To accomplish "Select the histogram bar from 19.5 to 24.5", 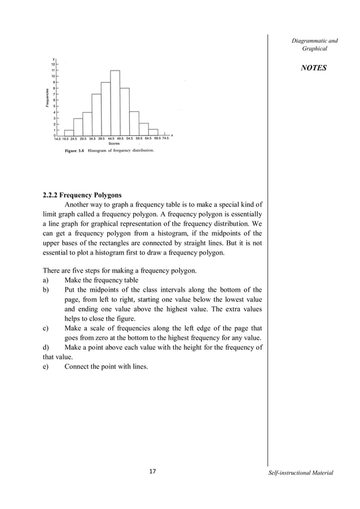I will click(69, 133).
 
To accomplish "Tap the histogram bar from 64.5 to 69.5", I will click(153, 133).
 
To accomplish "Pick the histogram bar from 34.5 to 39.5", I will click(96, 115).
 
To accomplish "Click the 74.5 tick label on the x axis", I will click(165, 138).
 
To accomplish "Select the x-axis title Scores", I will click(113, 143).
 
